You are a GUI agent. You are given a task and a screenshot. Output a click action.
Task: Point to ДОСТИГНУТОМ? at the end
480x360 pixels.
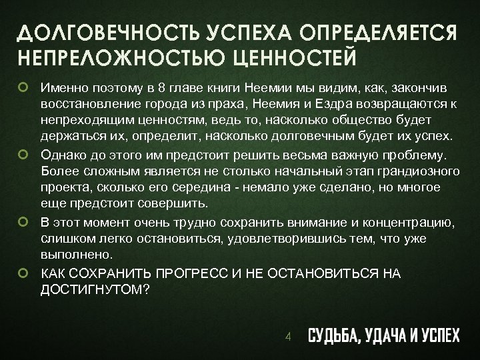pyautogui.click(x=95, y=289)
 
